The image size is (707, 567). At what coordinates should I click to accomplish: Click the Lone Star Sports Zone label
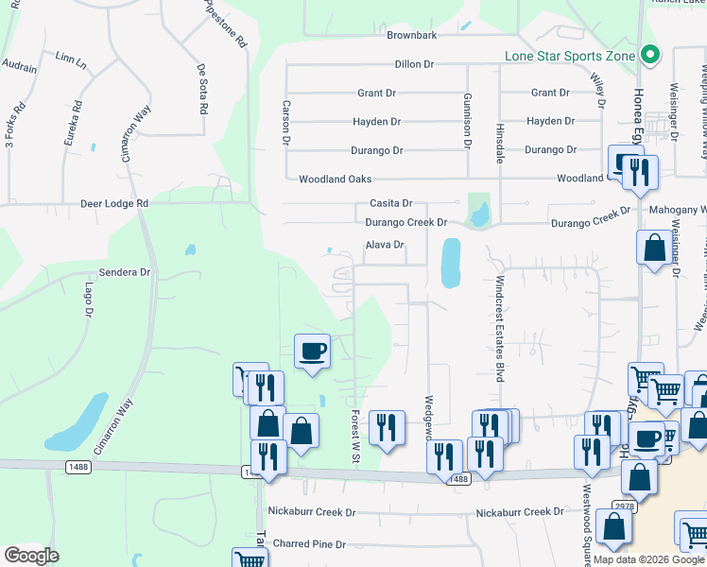point(569,56)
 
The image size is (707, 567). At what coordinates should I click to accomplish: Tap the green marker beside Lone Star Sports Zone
point(648,56)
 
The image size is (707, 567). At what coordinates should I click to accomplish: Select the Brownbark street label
point(411,35)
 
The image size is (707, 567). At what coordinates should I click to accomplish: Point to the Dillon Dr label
point(414,64)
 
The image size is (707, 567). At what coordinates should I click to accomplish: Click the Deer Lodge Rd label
point(114,203)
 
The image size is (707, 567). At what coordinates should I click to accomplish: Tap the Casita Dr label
point(390,203)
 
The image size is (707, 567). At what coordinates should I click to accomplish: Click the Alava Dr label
point(385,245)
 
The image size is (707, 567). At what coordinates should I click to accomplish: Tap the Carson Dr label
point(285,123)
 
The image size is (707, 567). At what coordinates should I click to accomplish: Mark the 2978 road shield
point(624,507)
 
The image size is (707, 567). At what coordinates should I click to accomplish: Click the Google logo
point(31,556)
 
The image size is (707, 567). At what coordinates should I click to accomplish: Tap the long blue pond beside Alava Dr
point(451,262)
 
